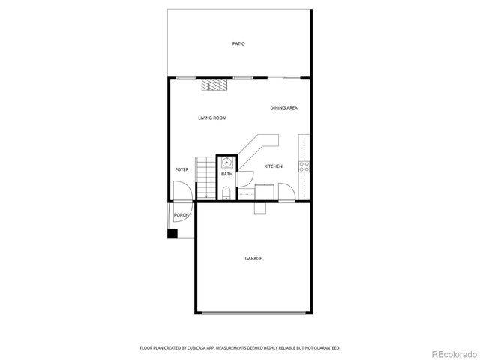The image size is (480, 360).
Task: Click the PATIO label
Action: pyautogui.click(x=238, y=43)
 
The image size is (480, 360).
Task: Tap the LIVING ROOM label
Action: pyautogui.click(x=212, y=118)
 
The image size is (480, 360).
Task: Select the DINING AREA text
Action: pyautogui.click(x=284, y=108)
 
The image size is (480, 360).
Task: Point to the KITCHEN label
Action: pyautogui.click(x=273, y=166)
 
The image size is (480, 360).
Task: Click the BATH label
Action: pyautogui.click(x=226, y=175)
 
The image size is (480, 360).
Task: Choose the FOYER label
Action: pyautogui.click(x=181, y=170)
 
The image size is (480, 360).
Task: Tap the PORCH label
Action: pyautogui.click(x=181, y=215)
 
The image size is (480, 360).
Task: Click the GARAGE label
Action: pyautogui.click(x=253, y=259)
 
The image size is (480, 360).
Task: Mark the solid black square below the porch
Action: pyautogui.click(x=172, y=233)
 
